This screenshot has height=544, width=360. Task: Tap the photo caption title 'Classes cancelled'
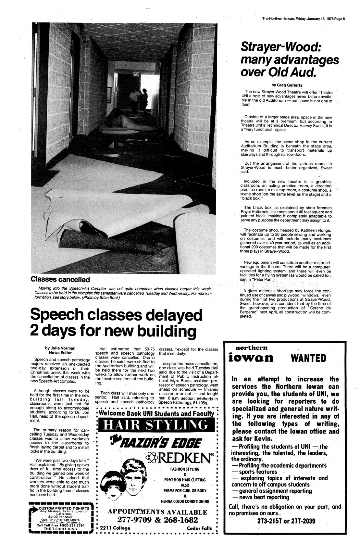point(60,279)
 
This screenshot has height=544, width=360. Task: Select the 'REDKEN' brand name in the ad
point(181,458)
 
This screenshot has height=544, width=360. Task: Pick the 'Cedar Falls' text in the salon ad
point(199,528)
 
